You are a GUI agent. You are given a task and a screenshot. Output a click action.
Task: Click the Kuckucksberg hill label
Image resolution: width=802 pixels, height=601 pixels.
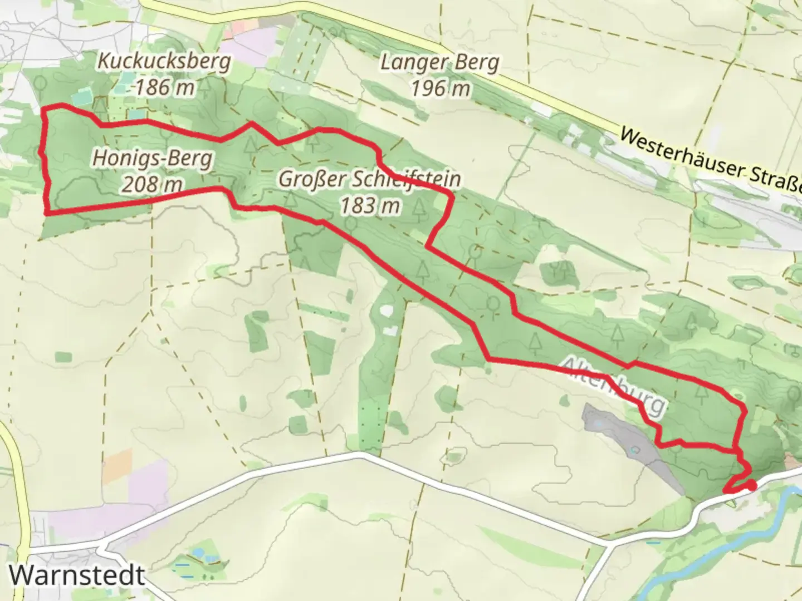click(x=164, y=61)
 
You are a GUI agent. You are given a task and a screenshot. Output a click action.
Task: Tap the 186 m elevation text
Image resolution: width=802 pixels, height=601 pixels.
click(x=165, y=87)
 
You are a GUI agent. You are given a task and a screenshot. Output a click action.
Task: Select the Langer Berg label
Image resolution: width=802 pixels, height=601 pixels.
click(x=440, y=63)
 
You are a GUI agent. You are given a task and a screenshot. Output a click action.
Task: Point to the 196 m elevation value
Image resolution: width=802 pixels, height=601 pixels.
click(x=441, y=88)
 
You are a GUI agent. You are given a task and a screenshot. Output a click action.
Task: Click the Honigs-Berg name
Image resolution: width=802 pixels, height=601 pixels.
click(x=152, y=159)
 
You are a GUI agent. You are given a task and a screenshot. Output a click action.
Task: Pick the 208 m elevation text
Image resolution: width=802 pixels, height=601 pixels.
click(x=152, y=184)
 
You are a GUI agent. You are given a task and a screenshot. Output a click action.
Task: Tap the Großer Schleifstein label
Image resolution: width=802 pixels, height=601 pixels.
click(x=370, y=180)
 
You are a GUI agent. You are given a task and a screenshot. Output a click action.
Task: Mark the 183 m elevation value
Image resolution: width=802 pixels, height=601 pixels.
click(x=370, y=206)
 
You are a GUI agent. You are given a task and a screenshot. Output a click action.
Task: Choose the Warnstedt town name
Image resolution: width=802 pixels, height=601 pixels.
click(x=77, y=575)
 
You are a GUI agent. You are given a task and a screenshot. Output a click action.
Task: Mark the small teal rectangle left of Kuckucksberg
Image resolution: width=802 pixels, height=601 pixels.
click(x=80, y=97)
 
